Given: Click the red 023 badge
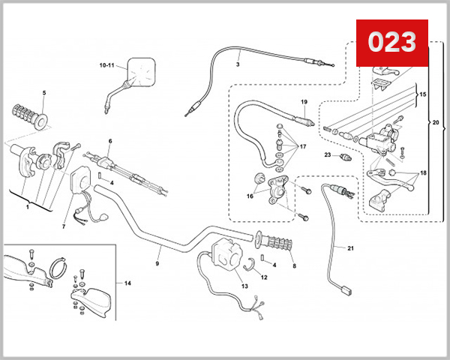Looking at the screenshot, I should pyautogui.click(x=391, y=42).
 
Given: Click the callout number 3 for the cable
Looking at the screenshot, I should pyautogui.click(x=237, y=65).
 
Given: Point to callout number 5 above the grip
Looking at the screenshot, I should pyautogui.click(x=43, y=92).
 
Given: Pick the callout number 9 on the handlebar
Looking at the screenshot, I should pyautogui.click(x=157, y=263).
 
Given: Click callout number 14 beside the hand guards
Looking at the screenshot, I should pyautogui.click(x=127, y=283).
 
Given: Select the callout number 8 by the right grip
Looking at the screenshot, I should pyautogui.click(x=294, y=265).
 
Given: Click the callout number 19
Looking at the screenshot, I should pyautogui.click(x=304, y=101).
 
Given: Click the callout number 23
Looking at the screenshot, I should pyautogui.click(x=327, y=154).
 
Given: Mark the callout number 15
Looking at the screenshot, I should pyautogui.click(x=422, y=95).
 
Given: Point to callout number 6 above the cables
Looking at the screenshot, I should pyautogui.click(x=109, y=141).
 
